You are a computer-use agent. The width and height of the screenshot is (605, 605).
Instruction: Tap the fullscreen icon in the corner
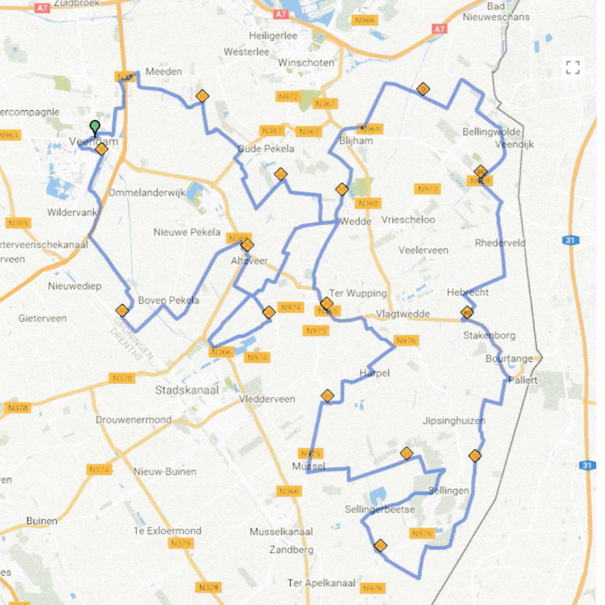click(x=573, y=67)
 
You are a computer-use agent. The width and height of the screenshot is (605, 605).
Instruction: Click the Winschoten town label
click(x=306, y=63)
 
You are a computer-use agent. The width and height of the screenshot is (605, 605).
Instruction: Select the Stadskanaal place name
click(x=187, y=390)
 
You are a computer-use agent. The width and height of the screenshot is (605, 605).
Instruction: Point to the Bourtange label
click(x=509, y=359)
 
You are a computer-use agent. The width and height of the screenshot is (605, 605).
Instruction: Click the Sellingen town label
click(x=448, y=491)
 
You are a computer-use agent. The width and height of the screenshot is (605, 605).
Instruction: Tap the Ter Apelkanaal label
click(x=321, y=583)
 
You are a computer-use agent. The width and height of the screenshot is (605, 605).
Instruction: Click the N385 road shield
click(x=18, y=223)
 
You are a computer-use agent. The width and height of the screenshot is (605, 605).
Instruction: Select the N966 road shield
click(x=364, y=21)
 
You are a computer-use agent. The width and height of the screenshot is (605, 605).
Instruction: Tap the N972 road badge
click(x=290, y=96)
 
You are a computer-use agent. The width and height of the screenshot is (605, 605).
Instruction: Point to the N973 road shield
click(x=427, y=189)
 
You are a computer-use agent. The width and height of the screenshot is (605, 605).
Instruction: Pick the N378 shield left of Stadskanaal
click(x=123, y=378)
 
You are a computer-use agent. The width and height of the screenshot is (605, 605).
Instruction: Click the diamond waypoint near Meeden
click(x=202, y=96)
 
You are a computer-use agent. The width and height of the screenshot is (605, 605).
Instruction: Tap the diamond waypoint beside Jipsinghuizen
click(x=474, y=456)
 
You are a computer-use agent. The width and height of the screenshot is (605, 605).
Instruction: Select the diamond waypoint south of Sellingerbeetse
click(x=380, y=545)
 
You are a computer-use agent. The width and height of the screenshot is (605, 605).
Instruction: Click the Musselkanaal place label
click(x=281, y=532)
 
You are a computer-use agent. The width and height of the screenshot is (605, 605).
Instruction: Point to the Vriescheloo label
click(x=408, y=220)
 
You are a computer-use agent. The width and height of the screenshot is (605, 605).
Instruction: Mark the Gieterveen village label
click(x=43, y=318)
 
